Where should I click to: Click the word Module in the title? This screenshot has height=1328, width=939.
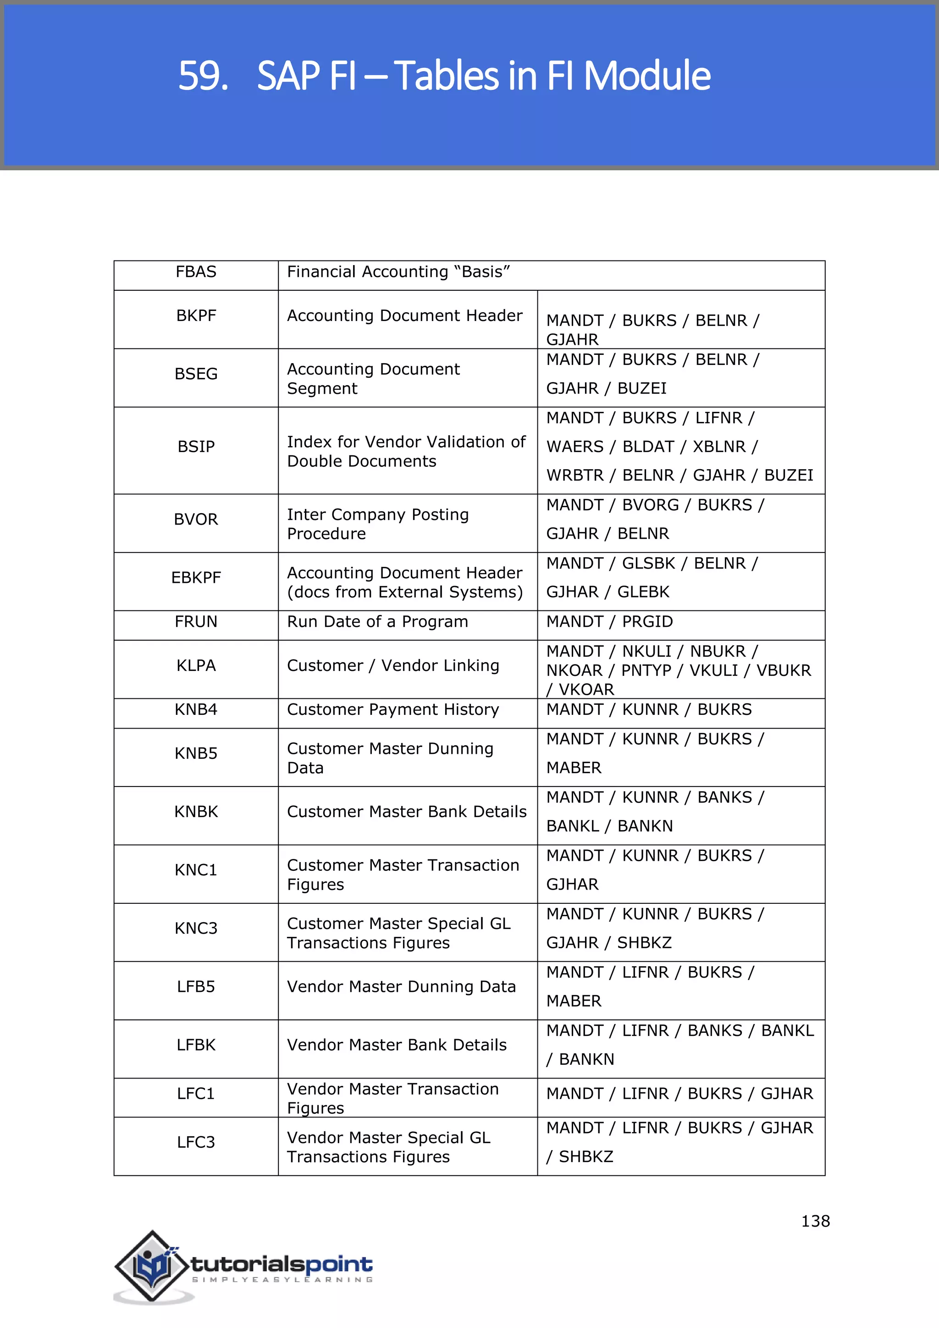646,76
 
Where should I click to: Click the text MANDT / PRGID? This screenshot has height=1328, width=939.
609,622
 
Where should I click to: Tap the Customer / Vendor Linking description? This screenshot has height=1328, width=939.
392,666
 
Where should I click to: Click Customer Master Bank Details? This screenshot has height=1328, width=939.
407,812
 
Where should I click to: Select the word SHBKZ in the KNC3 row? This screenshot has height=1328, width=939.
644,943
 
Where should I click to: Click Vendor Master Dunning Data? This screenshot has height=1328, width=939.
401,987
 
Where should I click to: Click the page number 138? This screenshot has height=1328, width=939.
815,1221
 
